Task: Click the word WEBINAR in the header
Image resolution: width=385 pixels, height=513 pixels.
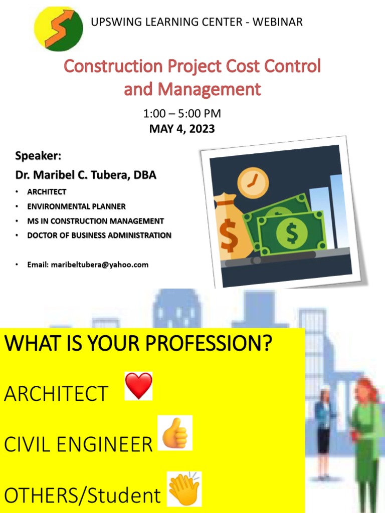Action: (x=278, y=22)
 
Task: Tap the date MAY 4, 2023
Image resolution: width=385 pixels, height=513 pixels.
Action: (x=182, y=129)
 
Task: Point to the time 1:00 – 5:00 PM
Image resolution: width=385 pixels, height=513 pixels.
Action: (x=182, y=114)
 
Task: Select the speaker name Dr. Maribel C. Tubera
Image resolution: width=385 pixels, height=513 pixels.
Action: (x=86, y=175)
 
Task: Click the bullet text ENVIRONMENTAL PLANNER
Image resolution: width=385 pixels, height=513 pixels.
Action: (x=76, y=206)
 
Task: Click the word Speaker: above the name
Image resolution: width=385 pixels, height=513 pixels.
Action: (x=38, y=156)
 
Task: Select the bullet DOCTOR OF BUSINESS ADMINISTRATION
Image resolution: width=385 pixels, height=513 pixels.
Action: (x=99, y=235)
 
